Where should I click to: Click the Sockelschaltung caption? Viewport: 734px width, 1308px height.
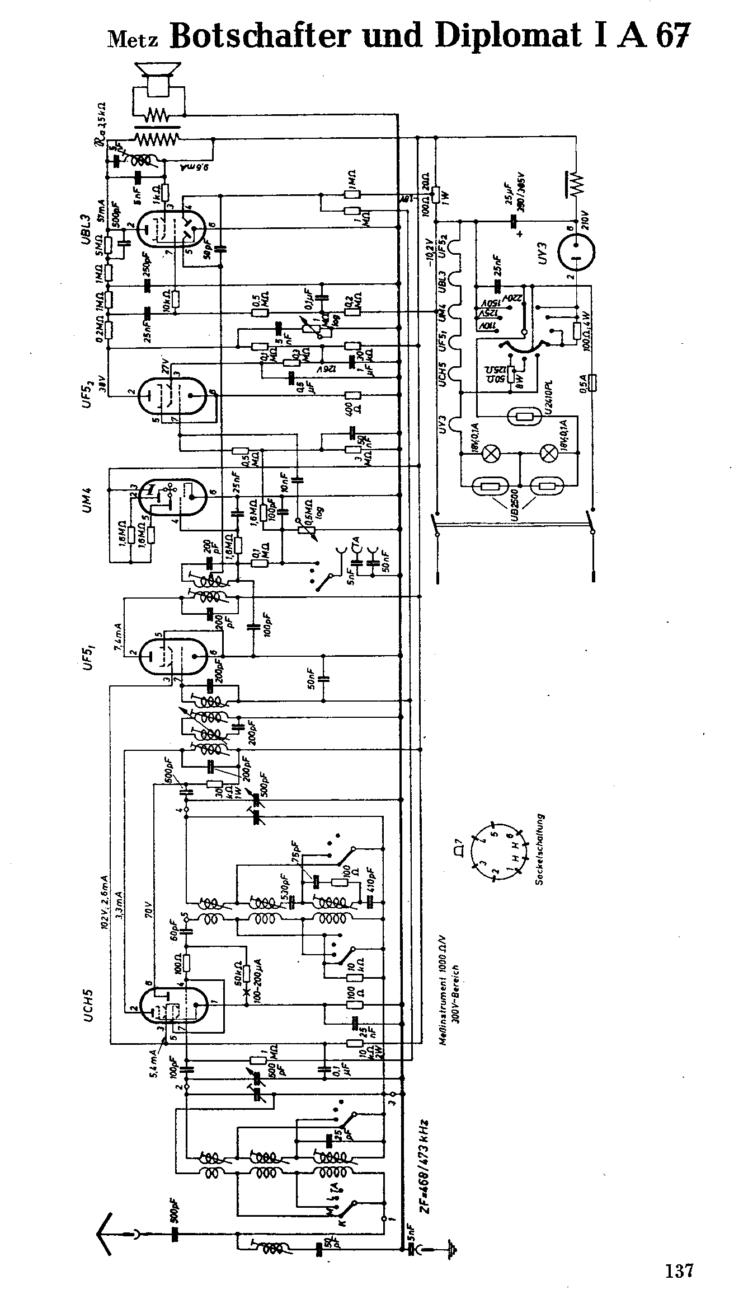point(540,849)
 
